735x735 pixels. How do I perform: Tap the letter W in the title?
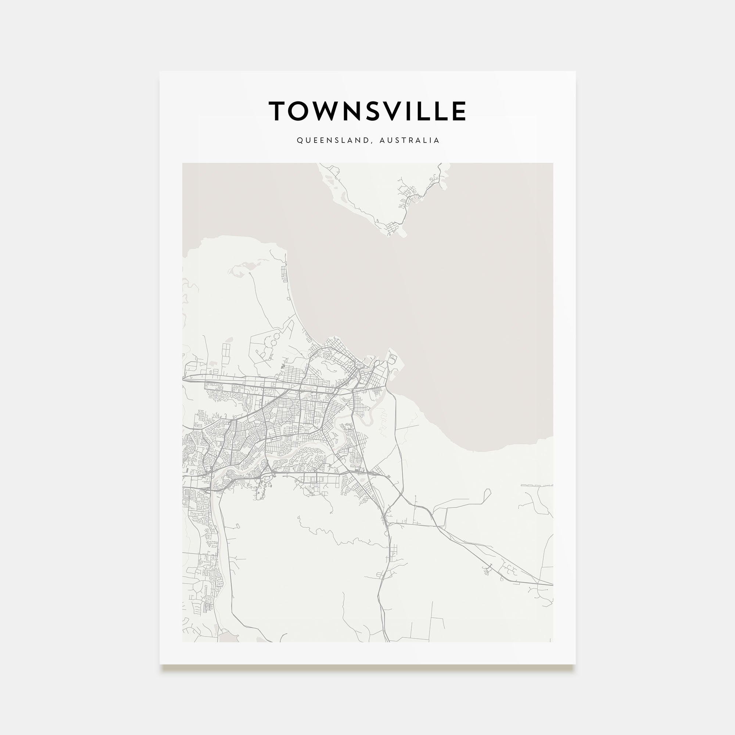325,111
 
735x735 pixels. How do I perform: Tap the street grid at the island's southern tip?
392,229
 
